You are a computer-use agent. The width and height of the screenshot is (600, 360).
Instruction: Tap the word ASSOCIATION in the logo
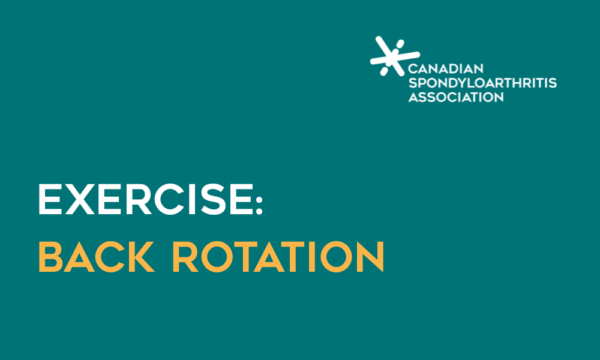456,97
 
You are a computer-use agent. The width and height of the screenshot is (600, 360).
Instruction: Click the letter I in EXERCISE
191,200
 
